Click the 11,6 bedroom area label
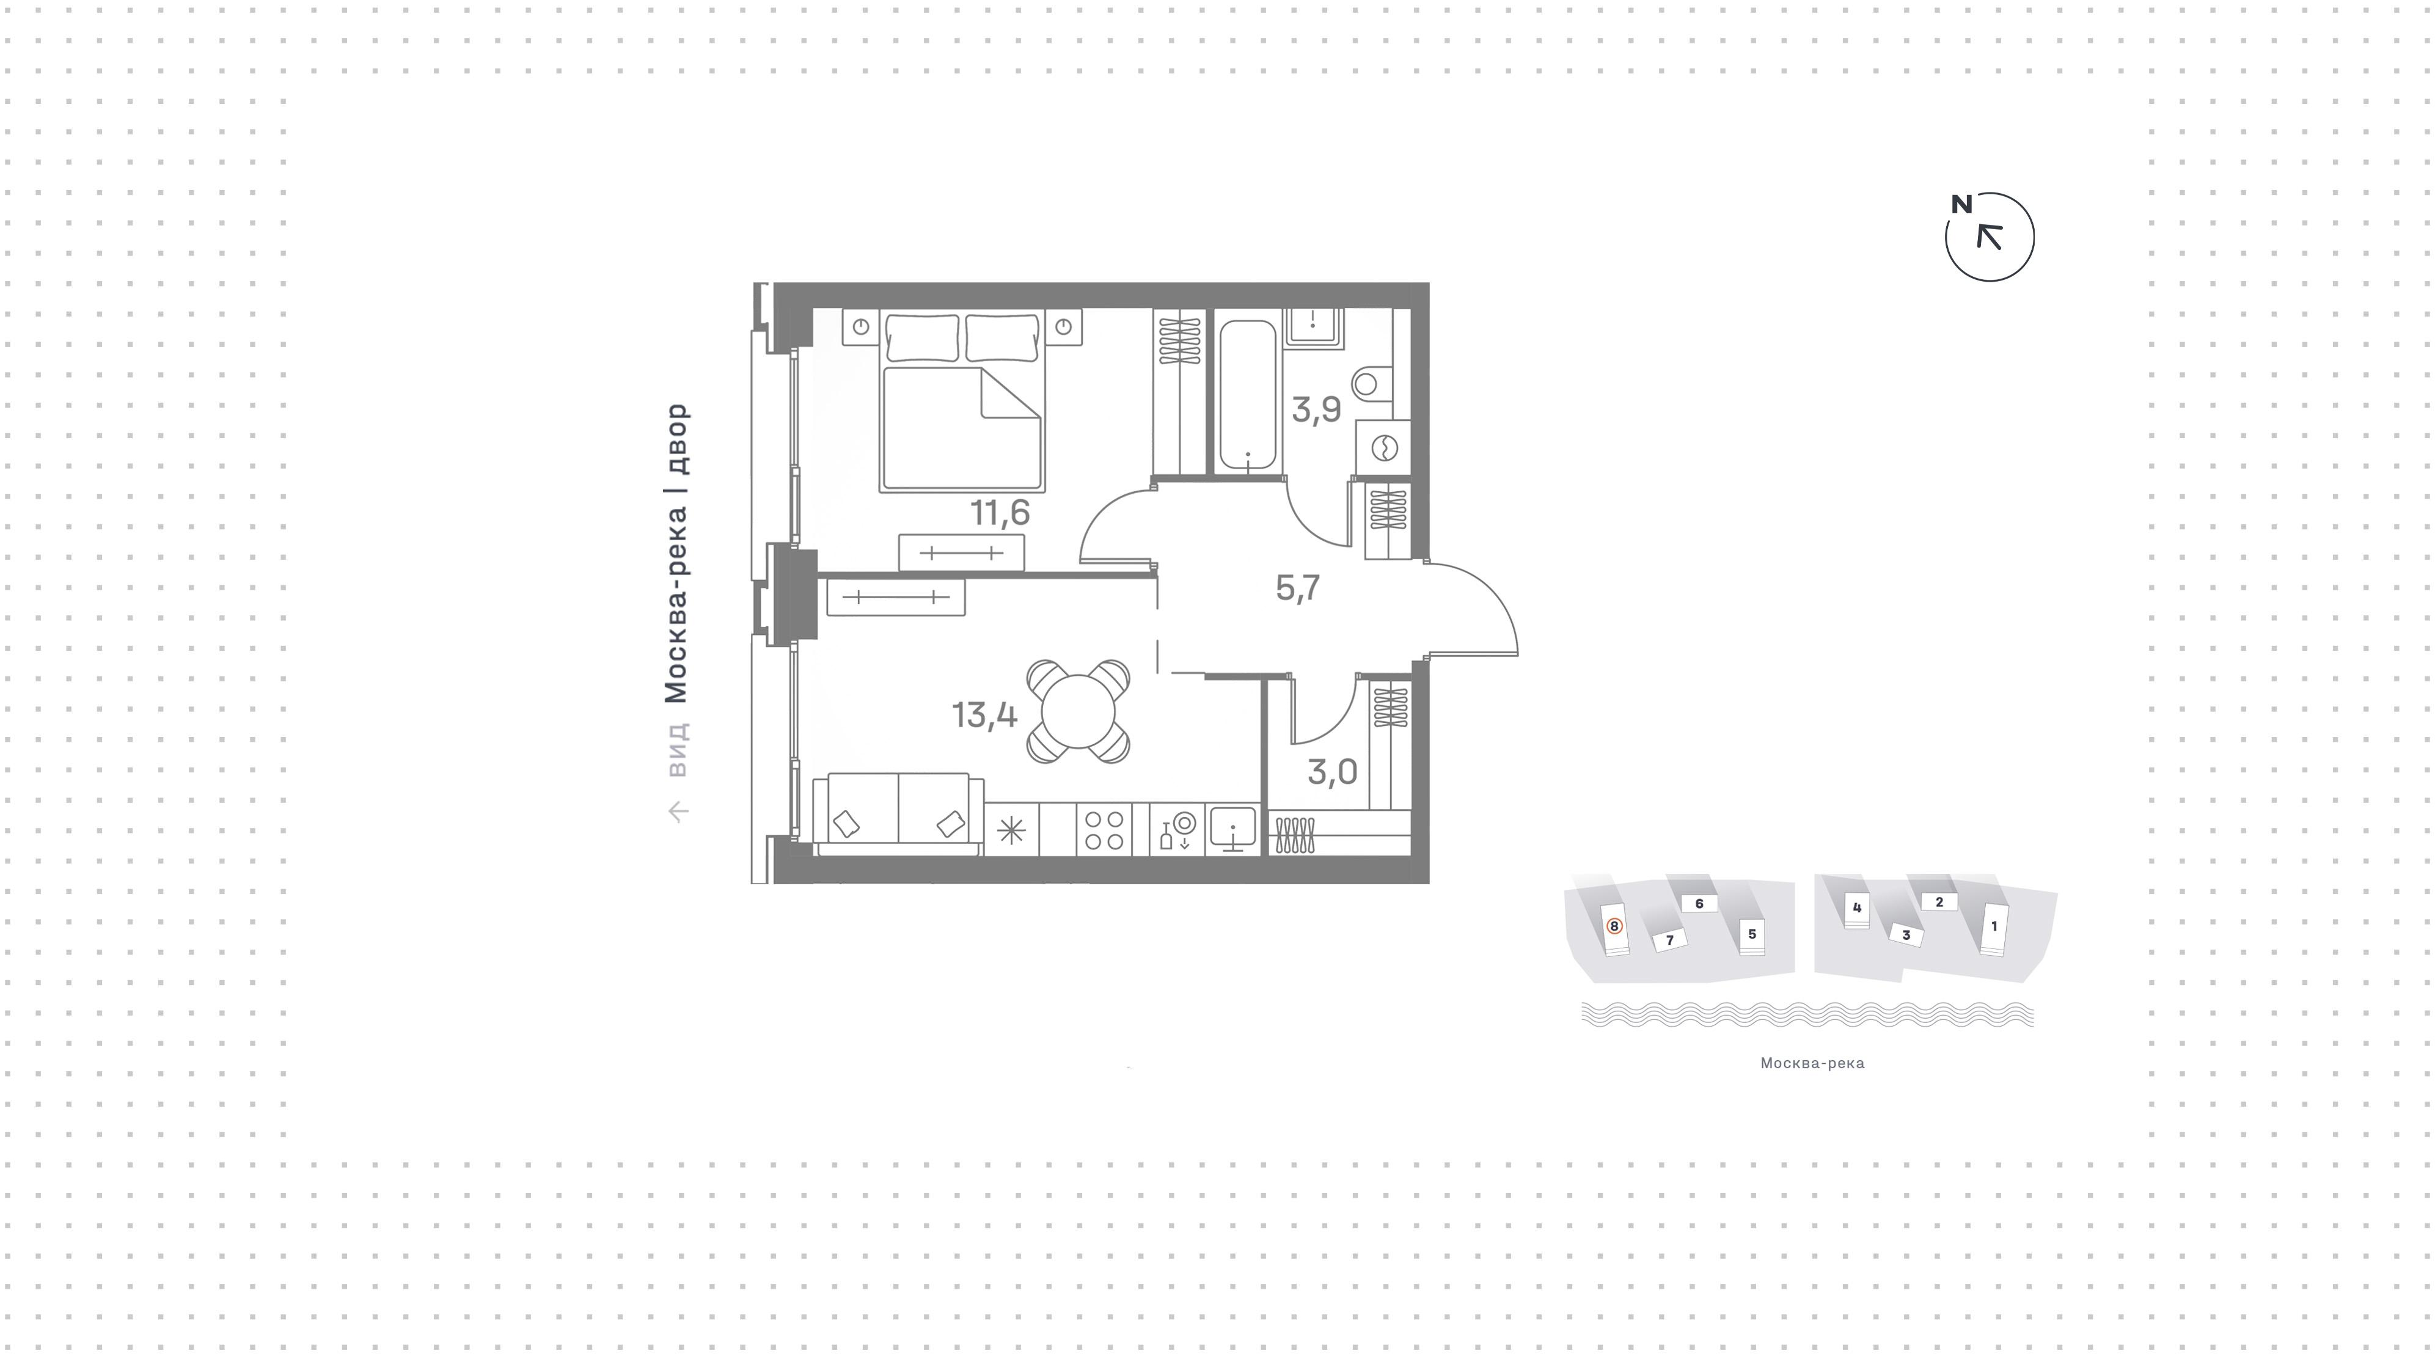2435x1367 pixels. (999, 513)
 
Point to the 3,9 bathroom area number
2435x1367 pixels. (1316, 410)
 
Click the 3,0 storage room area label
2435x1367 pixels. (1332, 772)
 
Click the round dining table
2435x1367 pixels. (1078, 711)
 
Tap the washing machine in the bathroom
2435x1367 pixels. (1383, 447)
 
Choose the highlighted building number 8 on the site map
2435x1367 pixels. (1614, 926)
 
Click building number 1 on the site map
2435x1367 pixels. (1994, 926)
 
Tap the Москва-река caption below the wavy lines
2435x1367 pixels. (1812, 1063)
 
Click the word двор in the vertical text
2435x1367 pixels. (677, 439)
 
